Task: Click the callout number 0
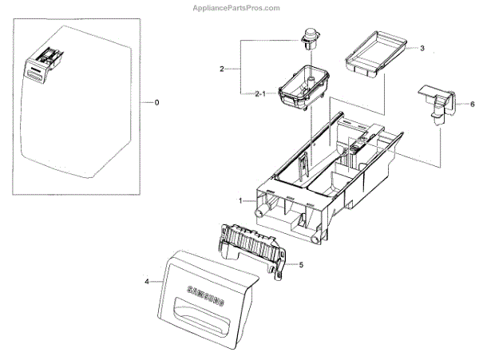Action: [156, 103]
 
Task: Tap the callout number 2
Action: [221, 69]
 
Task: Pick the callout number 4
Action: [146, 280]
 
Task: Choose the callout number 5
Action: [301, 264]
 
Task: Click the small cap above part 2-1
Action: [308, 38]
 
